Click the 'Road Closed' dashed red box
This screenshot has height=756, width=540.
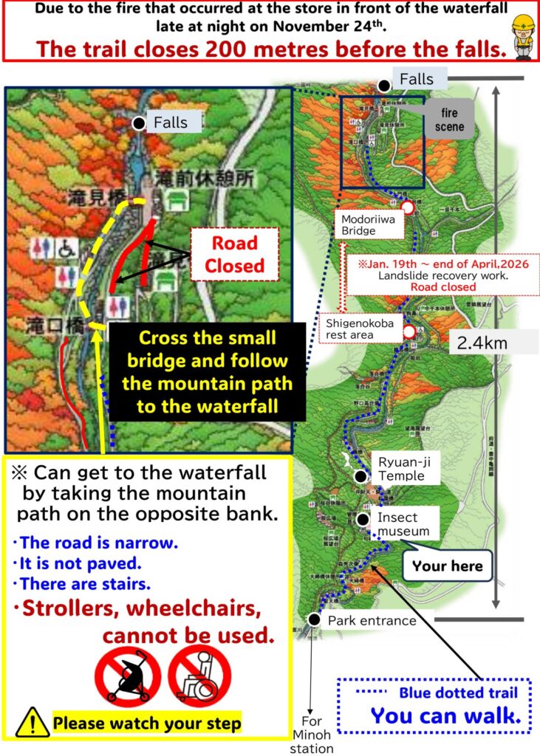(235, 254)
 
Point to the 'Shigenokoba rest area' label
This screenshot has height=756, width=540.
(360, 329)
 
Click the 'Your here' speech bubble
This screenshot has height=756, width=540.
(448, 566)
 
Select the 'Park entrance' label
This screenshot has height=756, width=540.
(372, 621)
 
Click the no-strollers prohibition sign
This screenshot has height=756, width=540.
(127, 676)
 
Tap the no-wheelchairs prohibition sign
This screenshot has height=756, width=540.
(199, 676)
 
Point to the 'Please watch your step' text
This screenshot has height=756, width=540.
(147, 723)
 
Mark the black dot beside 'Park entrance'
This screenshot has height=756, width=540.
(315, 619)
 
